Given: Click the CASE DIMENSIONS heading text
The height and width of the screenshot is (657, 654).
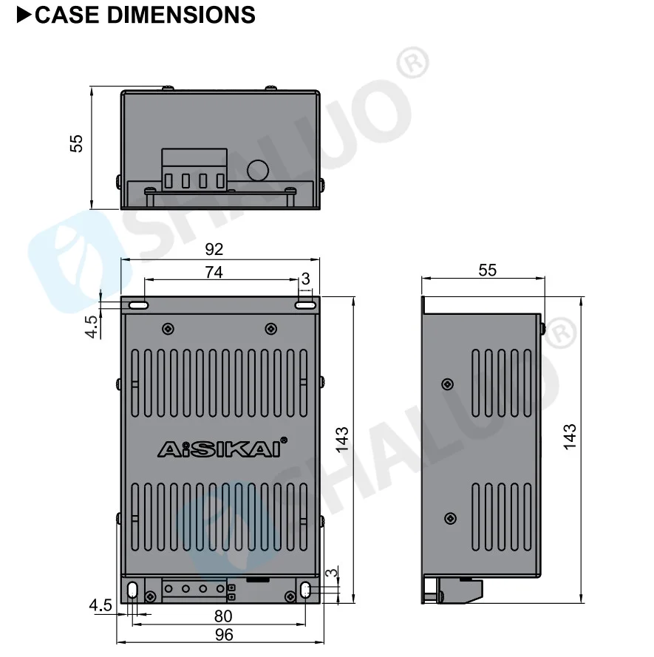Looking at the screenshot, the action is coord(145,15).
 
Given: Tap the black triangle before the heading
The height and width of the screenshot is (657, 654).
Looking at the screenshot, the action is coord(24,15).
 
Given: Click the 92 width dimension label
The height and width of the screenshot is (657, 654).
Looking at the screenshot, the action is coord(214,249).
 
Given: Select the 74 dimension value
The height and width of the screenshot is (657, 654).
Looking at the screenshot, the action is coord(214,273).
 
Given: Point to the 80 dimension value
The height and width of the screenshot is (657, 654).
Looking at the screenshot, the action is coord(223,616).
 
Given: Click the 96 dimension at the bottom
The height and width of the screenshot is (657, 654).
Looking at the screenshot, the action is coord(224,635).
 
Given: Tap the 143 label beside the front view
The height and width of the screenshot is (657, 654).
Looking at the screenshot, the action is coord(342,440).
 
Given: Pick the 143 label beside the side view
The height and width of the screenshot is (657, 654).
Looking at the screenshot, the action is coord(570,437).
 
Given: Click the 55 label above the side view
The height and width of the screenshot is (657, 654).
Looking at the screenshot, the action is coord(488,270).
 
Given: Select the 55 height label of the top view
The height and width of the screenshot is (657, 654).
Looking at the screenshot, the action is coord(76,143).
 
